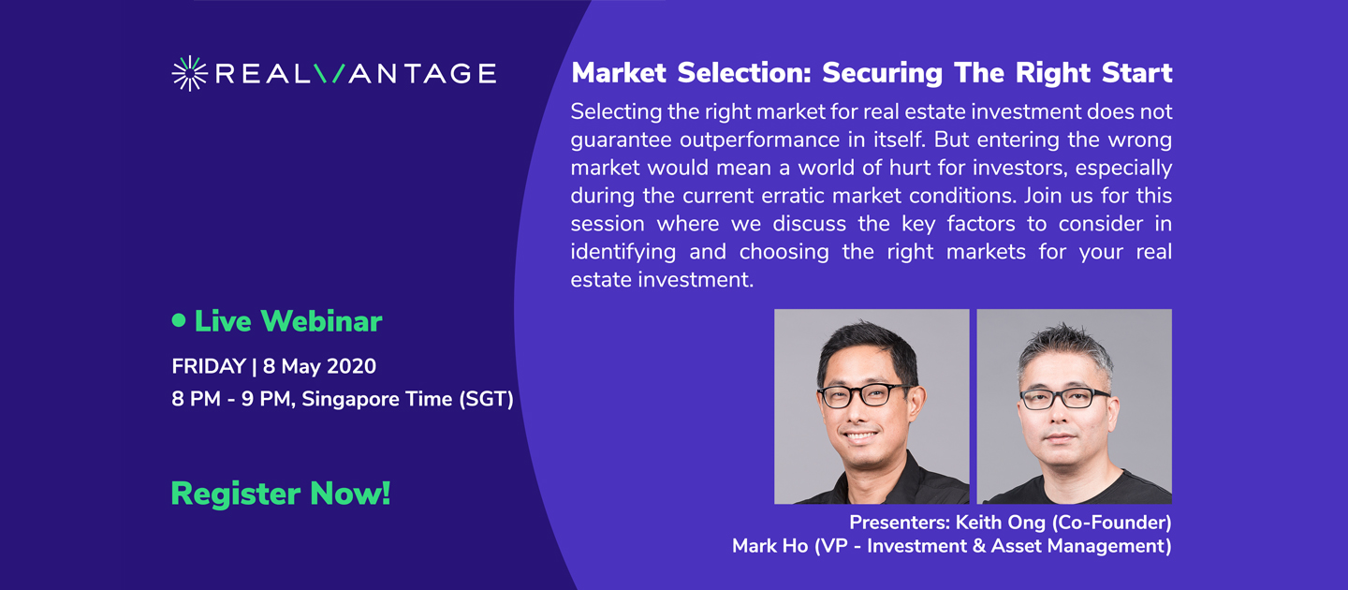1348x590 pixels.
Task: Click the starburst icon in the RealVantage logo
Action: tap(190, 73)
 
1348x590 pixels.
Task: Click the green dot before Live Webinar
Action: tap(179, 320)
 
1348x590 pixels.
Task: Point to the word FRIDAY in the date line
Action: tap(208, 367)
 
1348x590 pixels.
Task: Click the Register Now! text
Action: tap(280, 494)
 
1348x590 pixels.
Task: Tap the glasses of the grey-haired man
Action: tap(1065, 399)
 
